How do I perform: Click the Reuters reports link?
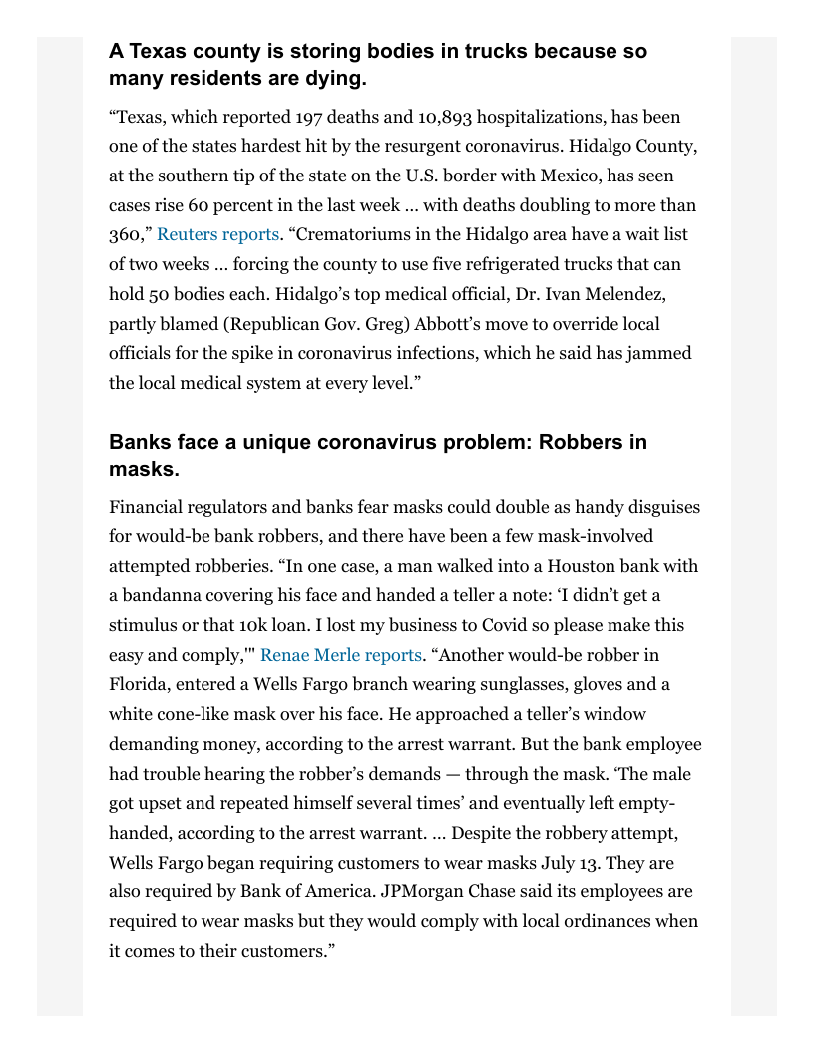click(x=217, y=235)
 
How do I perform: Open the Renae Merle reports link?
click(x=341, y=656)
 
